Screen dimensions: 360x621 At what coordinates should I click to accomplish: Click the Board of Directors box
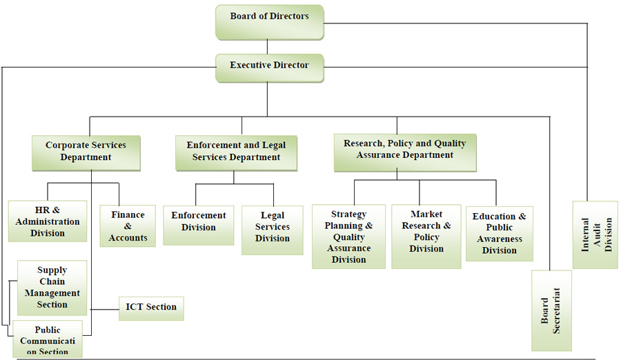269,21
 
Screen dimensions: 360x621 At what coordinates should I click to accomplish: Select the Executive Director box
269,68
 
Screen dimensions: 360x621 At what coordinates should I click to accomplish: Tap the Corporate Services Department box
86,152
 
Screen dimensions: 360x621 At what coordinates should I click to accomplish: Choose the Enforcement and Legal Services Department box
236,152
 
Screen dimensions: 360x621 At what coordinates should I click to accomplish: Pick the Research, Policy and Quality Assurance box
405,151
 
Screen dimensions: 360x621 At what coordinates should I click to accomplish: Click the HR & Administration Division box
48,221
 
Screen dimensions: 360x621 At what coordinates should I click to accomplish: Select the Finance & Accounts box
128,226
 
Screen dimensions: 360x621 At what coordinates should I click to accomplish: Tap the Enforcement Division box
199,222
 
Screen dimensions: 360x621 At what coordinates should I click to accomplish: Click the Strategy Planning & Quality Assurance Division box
348,236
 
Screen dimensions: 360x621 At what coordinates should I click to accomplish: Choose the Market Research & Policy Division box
426,235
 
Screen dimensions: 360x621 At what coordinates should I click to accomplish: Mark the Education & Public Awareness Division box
500,233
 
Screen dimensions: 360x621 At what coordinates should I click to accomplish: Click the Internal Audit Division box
597,234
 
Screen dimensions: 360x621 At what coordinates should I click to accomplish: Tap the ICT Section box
151,308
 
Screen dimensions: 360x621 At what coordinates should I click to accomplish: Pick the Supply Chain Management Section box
52,287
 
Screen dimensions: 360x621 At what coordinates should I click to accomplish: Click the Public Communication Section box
48,339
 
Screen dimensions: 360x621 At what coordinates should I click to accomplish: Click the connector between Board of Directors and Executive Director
269,47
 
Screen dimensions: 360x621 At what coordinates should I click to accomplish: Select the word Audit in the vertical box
597,234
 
